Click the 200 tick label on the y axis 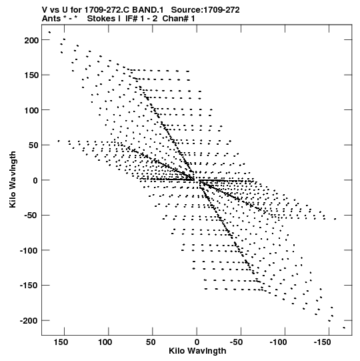click(31, 40)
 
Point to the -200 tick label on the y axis click(29, 321)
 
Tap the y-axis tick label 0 click(35, 180)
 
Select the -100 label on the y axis click(29, 250)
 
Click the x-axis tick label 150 click(61, 342)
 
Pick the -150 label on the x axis click(322, 342)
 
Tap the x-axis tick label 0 click(197, 342)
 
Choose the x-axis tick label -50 click(236, 342)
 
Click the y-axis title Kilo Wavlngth click(13, 179)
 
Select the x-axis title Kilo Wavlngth click(197, 351)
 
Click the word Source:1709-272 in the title click(205, 10)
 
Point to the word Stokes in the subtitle click(101, 19)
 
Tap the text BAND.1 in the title click(148, 10)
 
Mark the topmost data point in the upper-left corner click(49, 32)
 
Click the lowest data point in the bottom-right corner click(344, 328)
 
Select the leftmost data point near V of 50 click(59, 141)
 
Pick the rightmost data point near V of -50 click(335, 219)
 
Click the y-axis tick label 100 click(31, 110)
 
